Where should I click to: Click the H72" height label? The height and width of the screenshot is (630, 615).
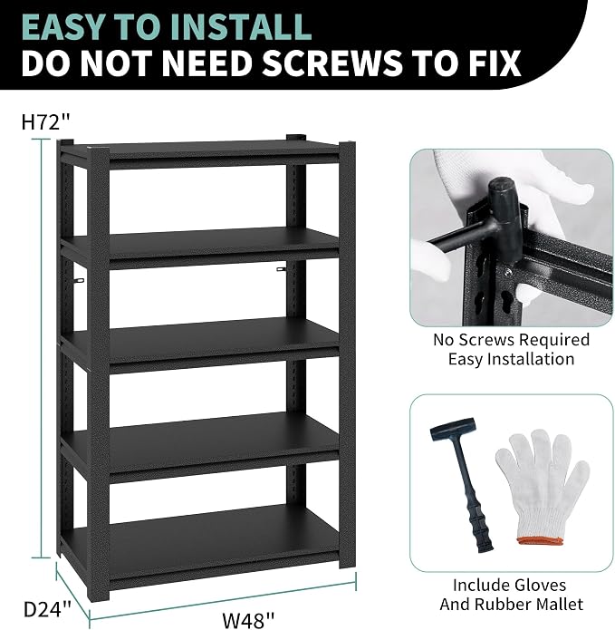pos(46,122)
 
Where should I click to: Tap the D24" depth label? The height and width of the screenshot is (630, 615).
pos(47,609)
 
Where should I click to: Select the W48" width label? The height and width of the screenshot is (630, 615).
pos(248,619)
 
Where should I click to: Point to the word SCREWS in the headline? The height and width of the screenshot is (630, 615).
pos(331,63)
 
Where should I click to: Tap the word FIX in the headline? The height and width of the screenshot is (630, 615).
pos(491,63)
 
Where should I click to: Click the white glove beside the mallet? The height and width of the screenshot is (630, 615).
pos(542,486)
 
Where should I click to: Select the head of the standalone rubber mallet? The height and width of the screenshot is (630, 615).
pos(452,429)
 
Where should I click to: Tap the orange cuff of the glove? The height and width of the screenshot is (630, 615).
pos(539,541)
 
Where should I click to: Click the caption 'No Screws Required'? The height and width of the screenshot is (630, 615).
pos(511,340)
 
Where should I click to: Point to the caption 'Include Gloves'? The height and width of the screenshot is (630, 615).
pos(509,585)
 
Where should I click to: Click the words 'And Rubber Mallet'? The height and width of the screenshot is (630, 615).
pos(511,604)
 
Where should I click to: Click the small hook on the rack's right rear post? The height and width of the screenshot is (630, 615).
pos(282,269)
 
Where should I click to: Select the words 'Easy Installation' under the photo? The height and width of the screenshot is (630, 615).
pos(511,359)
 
